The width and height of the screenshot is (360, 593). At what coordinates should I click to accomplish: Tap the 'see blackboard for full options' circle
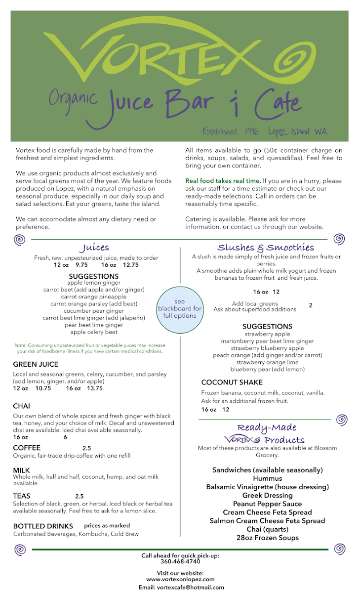[180, 309]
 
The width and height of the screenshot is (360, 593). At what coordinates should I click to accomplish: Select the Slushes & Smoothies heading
[266, 248]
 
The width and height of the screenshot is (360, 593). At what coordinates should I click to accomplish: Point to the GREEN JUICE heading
[36, 364]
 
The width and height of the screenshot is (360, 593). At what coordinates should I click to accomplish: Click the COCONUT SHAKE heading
[232, 382]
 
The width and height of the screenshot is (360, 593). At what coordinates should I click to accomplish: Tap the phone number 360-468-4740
[180, 562]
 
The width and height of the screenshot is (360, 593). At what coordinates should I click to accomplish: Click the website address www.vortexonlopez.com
[180, 579]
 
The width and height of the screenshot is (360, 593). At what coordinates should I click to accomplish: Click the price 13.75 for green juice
[94, 388]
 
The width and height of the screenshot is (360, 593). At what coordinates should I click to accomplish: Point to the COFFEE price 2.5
[86, 448]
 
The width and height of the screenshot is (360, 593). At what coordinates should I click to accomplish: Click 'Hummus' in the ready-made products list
[267, 478]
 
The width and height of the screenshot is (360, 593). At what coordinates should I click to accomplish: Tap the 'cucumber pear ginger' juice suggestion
[94, 311]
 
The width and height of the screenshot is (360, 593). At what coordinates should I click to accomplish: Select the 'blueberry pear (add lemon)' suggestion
[267, 369]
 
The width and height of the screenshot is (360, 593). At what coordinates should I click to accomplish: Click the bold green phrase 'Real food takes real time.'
[223, 181]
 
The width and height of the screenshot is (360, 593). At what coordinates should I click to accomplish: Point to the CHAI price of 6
[65, 437]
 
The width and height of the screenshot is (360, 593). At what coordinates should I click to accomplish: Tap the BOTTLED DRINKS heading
[43, 526]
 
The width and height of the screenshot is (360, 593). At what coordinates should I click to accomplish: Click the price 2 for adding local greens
[311, 305]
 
